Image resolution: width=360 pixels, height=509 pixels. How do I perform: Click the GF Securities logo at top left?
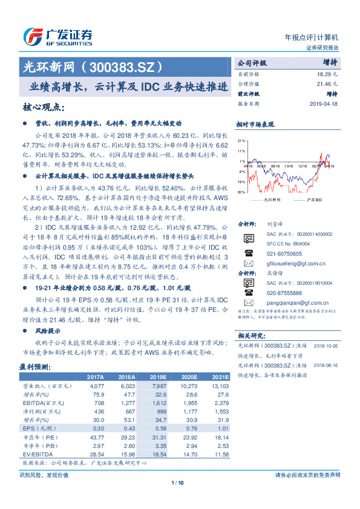click(57, 36)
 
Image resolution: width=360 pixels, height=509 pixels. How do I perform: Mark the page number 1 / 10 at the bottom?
click(180, 482)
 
